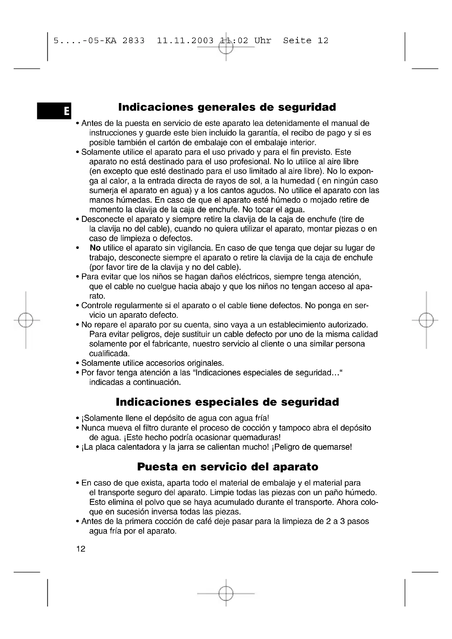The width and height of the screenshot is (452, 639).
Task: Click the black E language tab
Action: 54,111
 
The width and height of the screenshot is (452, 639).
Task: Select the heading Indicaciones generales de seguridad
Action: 227,107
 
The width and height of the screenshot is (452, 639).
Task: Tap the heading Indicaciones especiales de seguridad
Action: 227,402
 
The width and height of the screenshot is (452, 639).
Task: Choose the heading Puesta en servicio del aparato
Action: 227,467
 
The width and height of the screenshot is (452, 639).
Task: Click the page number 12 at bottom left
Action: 81,549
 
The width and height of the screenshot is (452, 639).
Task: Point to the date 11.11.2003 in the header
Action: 185,41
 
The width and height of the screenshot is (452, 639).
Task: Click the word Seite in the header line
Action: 297,41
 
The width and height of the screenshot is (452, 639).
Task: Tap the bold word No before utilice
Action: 95,248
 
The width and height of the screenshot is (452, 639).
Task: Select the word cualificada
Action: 109,354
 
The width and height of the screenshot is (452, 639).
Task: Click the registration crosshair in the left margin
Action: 26,320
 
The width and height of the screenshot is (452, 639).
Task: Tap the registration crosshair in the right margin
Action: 426,320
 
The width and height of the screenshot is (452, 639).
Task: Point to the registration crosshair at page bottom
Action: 226,594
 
